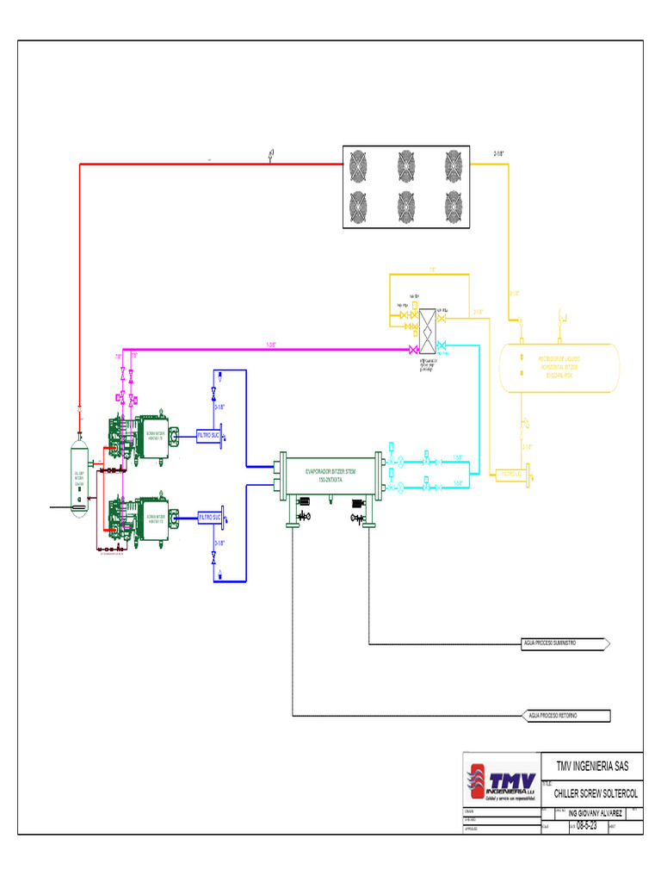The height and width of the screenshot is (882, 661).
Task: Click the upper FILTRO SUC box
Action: click(x=209, y=436)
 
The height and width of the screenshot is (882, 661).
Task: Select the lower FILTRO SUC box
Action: click(x=209, y=518)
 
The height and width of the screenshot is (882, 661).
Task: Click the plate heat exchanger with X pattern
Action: click(x=427, y=330)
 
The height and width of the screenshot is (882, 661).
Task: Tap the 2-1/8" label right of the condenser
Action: click(x=498, y=153)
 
